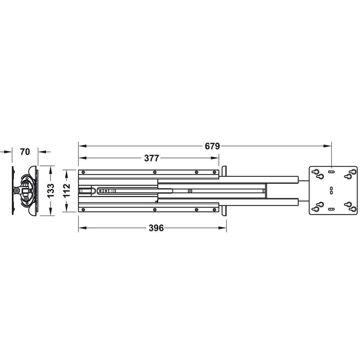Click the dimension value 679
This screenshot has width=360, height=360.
pyautogui.click(x=212, y=146)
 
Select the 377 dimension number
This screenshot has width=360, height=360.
pyautogui.click(x=151, y=158)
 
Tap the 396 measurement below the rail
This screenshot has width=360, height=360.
pyautogui.click(x=156, y=228)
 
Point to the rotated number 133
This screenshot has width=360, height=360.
pyautogui.click(x=50, y=191)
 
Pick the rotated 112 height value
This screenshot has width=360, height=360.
pyautogui.click(x=67, y=191)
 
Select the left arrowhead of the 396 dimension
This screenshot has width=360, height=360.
pyautogui.click(x=82, y=228)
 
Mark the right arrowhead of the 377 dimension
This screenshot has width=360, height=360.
pyautogui.click(x=215, y=158)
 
